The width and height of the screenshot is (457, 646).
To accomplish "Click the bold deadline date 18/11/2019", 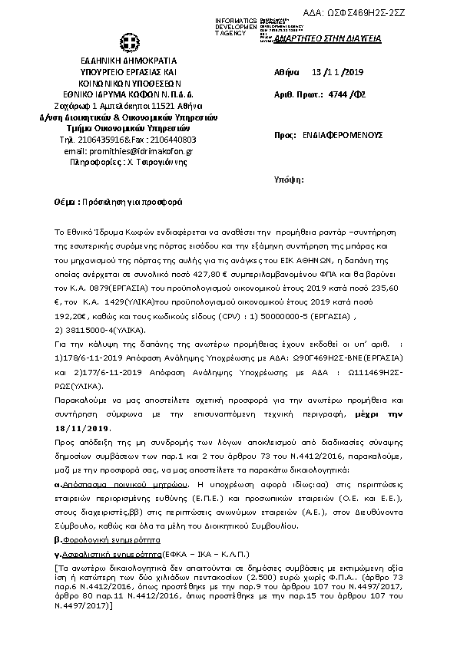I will click(82, 428).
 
